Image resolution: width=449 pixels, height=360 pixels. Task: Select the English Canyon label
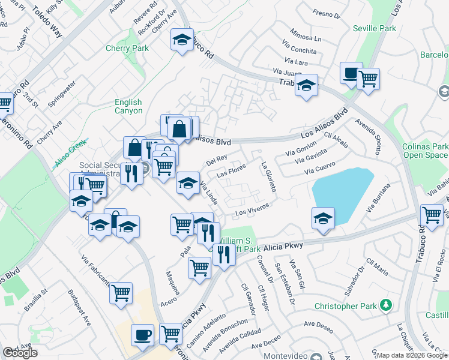128,106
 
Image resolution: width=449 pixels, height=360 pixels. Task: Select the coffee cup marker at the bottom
142,335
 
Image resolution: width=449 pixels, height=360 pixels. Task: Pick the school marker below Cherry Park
181,40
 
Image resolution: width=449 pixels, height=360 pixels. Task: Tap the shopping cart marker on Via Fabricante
121,293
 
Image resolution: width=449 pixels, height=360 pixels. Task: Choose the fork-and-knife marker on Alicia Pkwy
223,254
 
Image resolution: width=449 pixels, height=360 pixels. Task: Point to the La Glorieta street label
268,177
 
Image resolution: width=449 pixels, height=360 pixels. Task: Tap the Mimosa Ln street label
306,37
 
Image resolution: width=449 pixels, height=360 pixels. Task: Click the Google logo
20,353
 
